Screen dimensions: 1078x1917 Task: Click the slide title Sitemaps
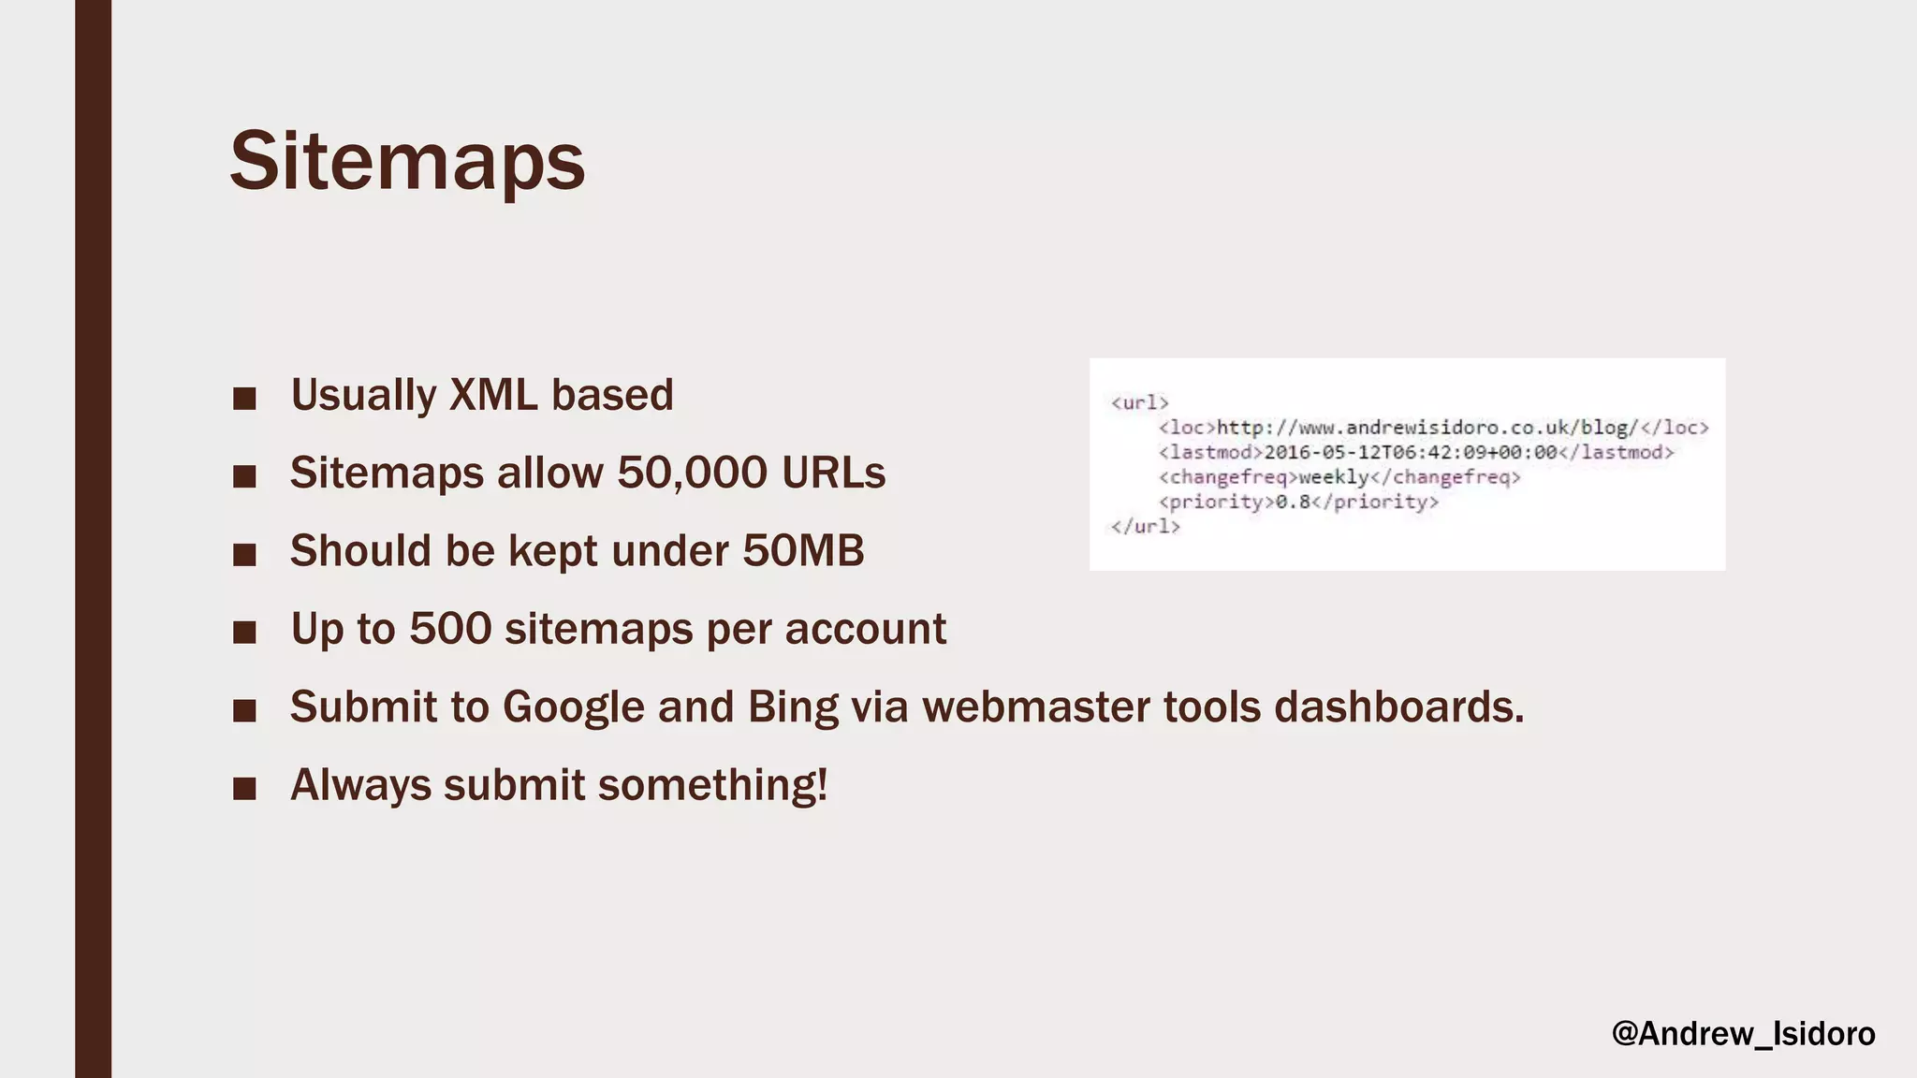point(407,162)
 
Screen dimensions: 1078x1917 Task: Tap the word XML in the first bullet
point(493,395)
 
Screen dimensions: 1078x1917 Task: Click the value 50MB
point(803,550)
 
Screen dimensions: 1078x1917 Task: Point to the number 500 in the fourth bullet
point(450,629)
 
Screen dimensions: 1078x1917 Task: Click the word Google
point(573,707)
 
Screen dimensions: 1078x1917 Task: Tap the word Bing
point(793,707)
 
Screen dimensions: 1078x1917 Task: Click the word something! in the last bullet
point(712,785)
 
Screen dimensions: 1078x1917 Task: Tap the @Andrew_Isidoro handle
point(1743,1034)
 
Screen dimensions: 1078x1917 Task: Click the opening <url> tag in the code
point(1139,403)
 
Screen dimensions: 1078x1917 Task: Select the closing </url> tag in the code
point(1145,527)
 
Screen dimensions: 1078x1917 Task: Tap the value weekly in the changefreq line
point(1333,477)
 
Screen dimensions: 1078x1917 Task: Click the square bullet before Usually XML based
point(244,399)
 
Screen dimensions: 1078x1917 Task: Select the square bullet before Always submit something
point(244,789)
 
